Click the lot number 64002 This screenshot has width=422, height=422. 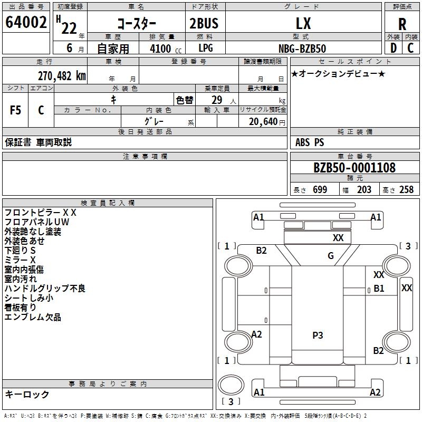point(26,23)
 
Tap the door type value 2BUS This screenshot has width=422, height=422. point(204,23)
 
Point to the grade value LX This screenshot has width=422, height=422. point(303,23)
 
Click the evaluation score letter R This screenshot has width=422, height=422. point(402,24)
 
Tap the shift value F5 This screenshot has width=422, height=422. point(16,110)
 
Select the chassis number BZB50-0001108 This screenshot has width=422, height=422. point(354,168)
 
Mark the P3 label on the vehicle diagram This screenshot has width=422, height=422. point(318,335)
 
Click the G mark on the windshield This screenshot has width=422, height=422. point(331,256)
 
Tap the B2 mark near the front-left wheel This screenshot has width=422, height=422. point(262,251)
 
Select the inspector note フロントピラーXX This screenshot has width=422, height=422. point(41,212)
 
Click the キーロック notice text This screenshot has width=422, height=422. point(27,394)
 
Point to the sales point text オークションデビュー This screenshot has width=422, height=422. point(338,73)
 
